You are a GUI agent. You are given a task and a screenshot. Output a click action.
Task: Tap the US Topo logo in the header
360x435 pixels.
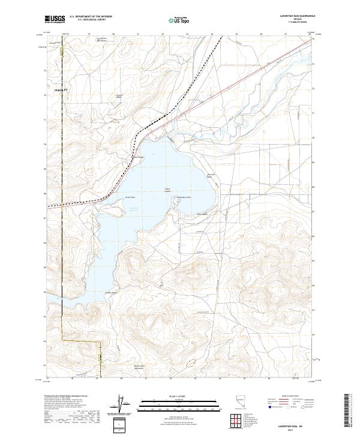click(x=180, y=20)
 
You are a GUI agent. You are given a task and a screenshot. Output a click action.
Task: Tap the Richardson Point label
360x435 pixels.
click(x=184, y=197)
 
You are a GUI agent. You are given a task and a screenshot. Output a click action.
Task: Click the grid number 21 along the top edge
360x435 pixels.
click(x=138, y=35)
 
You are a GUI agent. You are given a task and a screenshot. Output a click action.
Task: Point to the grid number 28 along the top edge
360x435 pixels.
click(x=310, y=35)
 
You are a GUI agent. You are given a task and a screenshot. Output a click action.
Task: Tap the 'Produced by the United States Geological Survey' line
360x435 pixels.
click(x=67, y=396)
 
